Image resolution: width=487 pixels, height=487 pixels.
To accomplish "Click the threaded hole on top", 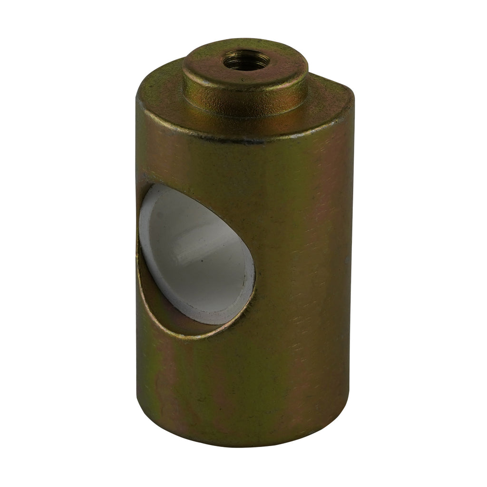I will tap(246, 60).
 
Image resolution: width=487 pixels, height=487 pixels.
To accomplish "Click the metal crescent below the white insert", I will tap(162, 304).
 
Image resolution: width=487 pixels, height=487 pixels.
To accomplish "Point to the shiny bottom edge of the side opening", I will tap(190, 335).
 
